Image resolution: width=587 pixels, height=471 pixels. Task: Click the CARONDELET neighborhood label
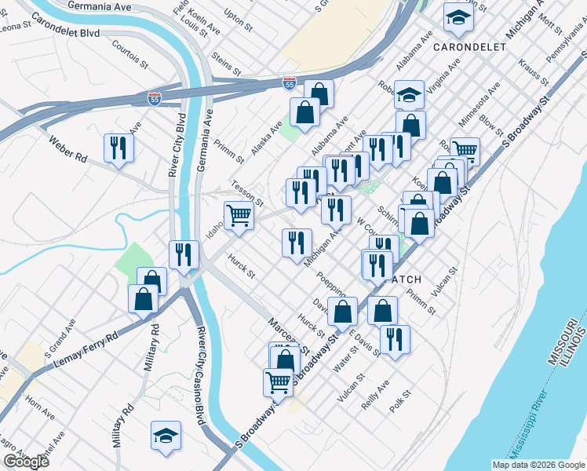coord(470,47)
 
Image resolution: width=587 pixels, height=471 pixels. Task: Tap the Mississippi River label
coord(541,424)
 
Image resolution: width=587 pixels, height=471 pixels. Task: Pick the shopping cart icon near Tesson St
coord(239,214)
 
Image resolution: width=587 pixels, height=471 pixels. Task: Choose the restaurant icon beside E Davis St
coord(395,338)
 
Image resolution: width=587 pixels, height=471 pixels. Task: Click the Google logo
coord(26,462)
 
